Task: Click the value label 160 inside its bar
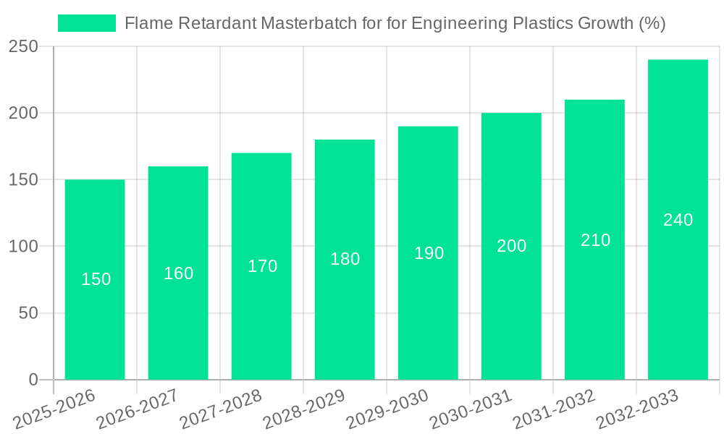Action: (178, 273)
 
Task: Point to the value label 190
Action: (429, 253)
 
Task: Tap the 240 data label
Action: (678, 220)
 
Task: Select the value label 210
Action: (595, 240)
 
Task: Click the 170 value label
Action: (262, 266)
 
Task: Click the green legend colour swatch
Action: (87, 23)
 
